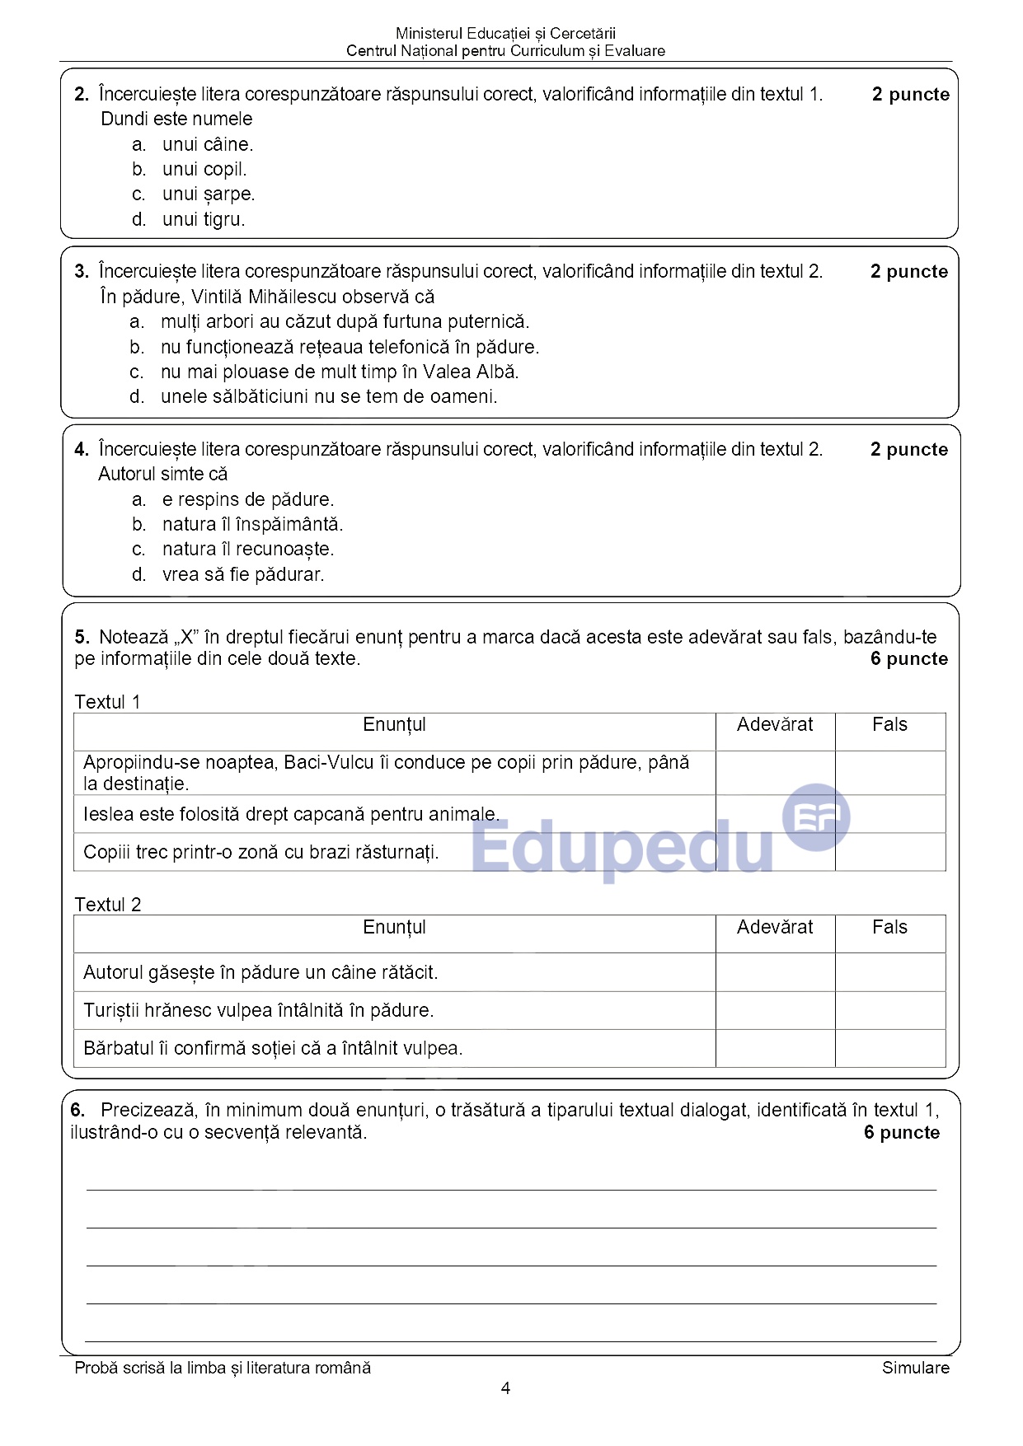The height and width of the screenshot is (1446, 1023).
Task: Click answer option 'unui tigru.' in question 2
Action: pos(203,219)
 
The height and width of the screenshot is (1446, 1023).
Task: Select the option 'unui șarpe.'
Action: pos(208,194)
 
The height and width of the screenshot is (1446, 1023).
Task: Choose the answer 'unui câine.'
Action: pos(207,144)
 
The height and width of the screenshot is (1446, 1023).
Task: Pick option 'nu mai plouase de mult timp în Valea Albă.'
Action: pos(339,372)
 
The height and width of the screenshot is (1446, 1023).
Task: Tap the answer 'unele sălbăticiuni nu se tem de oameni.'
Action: pos(328,396)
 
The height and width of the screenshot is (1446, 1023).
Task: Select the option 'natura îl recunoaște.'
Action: pos(247,549)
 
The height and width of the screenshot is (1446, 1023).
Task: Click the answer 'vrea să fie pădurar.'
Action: pos(242,574)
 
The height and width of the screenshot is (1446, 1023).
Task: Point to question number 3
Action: pos(81,272)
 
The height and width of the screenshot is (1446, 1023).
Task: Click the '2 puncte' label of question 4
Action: pos(908,450)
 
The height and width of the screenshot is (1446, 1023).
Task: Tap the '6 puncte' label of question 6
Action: pos(901,1132)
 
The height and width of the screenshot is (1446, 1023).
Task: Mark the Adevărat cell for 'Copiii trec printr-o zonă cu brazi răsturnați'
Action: pos(775,852)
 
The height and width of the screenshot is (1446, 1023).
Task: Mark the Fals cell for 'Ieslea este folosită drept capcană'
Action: pos(890,814)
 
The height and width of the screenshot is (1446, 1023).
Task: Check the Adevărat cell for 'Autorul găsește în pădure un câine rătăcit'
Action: pos(775,972)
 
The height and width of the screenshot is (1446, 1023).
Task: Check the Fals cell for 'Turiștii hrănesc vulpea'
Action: pos(890,1010)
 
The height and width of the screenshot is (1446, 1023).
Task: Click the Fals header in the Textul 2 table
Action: pos(889,928)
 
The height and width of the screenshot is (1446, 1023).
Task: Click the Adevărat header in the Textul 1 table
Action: pos(775,725)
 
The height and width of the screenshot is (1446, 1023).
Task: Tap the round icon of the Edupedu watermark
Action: pos(815,817)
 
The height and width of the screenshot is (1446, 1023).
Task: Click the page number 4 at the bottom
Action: pos(505,1389)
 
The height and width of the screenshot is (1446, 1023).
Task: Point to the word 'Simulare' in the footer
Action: pos(915,1368)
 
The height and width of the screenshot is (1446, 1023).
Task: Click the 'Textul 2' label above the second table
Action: pos(108,905)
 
